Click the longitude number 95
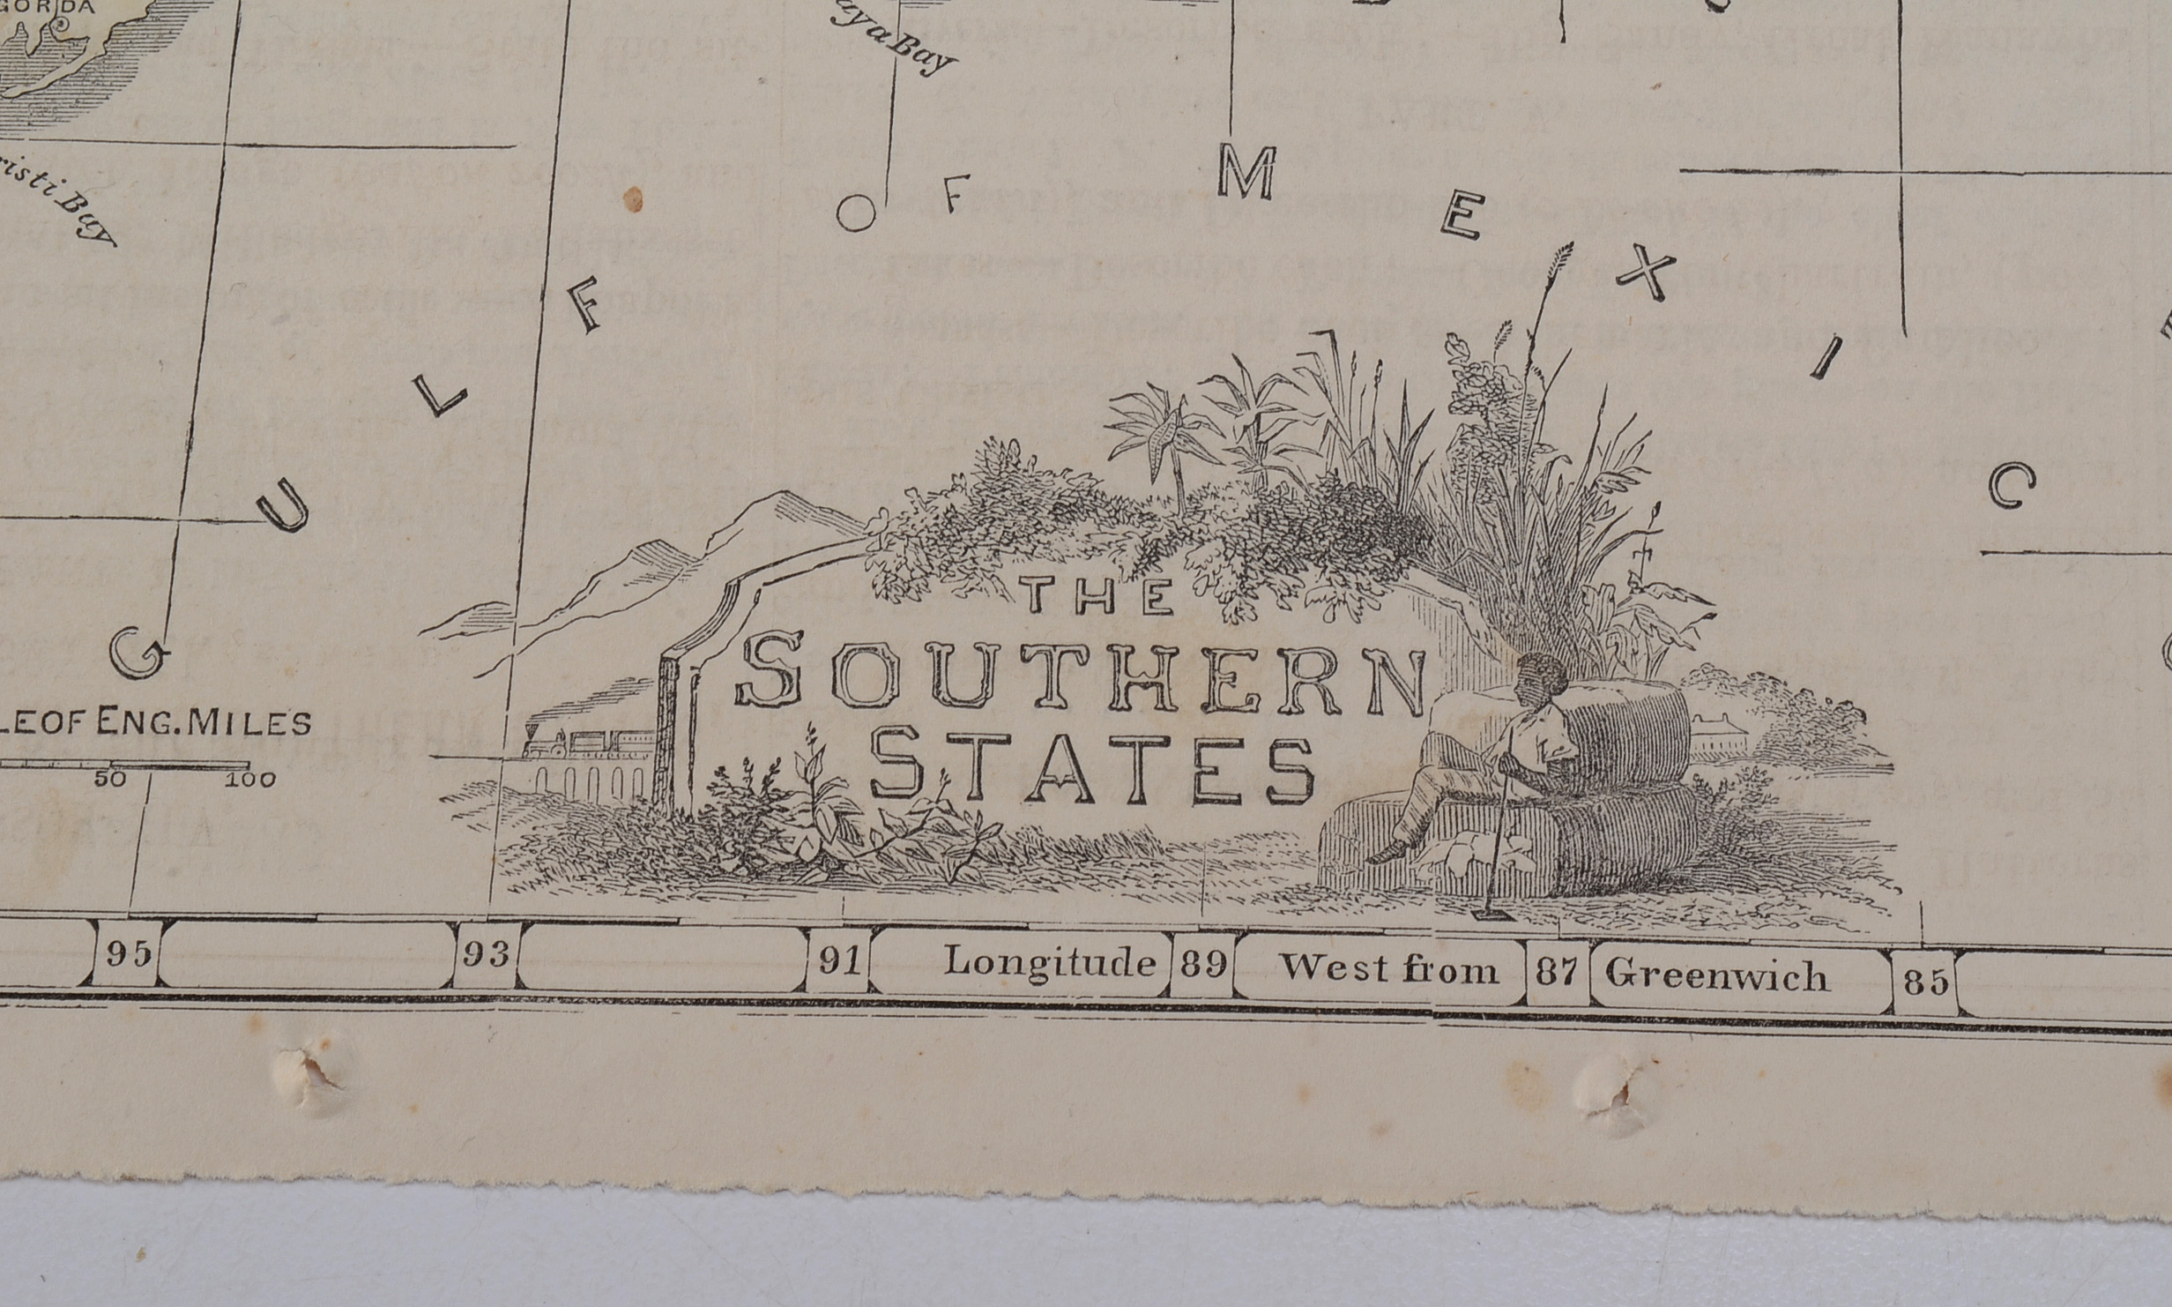(128, 953)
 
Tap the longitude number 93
(487, 954)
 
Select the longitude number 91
(838, 960)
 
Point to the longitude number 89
(1204, 965)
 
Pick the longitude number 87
(1557, 972)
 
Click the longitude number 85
(1925, 982)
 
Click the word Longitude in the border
(1049, 962)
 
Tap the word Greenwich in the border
(1715, 975)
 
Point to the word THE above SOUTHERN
(1099, 596)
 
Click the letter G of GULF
(139, 653)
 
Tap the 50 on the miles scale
(111, 780)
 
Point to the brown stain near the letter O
(632, 200)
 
